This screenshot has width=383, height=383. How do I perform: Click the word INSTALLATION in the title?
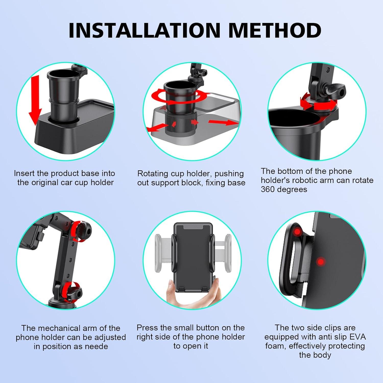[x=144, y=30]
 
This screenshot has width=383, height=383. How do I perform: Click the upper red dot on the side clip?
[x=297, y=232]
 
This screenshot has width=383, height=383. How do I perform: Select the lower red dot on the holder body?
[x=320, y=262]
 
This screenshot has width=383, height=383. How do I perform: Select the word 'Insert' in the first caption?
[x=24, y=173]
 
